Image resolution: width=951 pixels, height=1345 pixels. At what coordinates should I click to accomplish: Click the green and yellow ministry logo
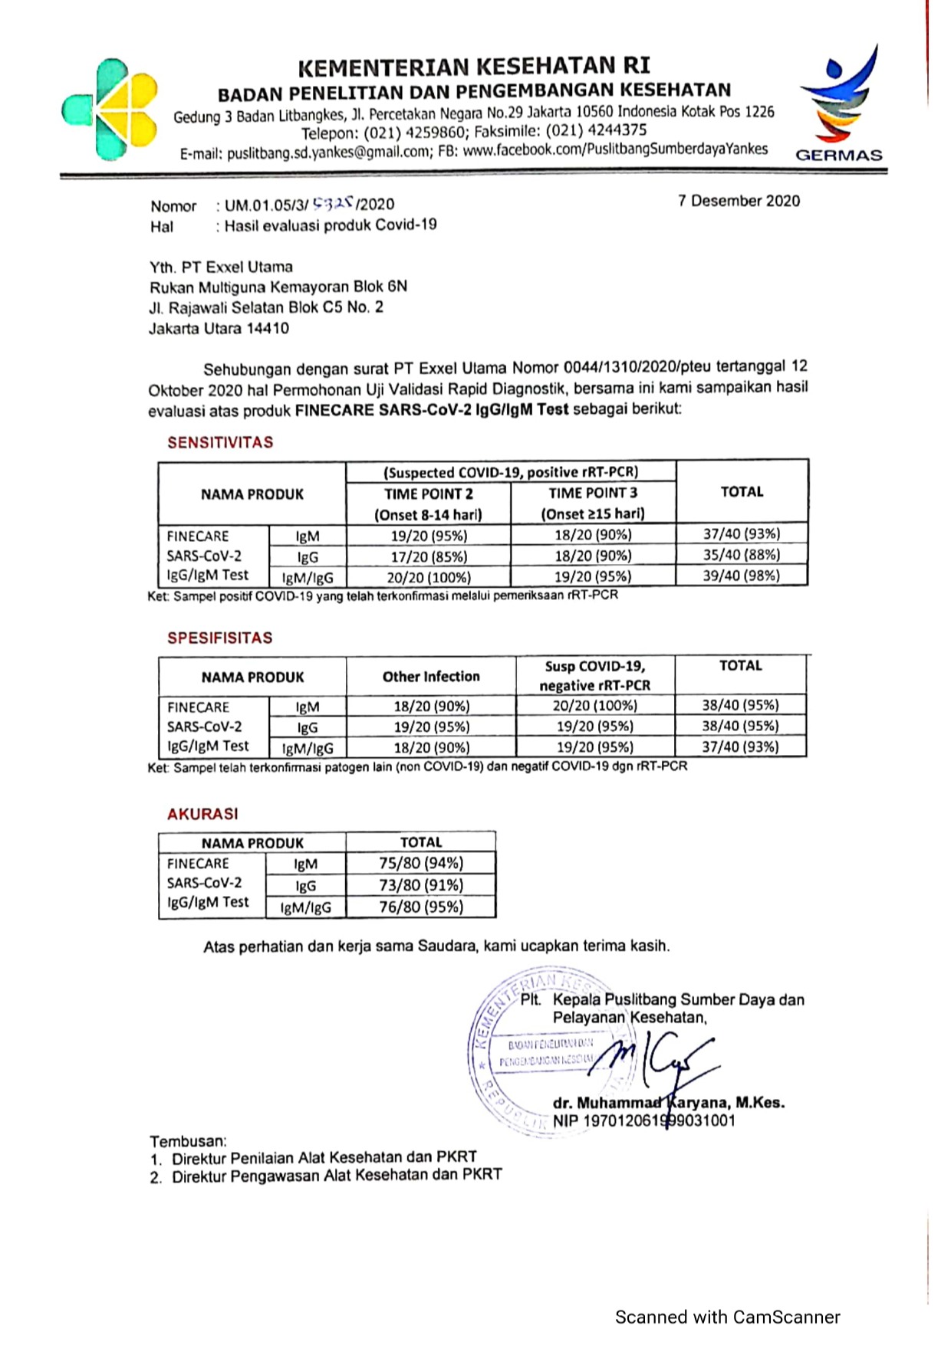[x=110, y=109]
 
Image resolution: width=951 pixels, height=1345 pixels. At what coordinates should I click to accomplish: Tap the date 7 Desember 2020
[x=739, y=201]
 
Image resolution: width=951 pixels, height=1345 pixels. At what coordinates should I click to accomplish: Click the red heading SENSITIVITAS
[x=220, y=442]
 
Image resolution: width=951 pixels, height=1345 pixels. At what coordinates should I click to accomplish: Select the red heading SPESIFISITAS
[x=219, y=638]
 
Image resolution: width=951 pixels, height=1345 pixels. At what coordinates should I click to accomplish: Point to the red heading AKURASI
[x=202, y=814]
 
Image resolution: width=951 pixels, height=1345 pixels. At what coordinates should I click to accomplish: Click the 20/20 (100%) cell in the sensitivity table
[x=429, y=577]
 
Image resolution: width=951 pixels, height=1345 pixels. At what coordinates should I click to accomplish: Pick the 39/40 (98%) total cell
[x=742, y=576]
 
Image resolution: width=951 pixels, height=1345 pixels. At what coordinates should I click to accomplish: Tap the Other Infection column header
[x=431, y=677]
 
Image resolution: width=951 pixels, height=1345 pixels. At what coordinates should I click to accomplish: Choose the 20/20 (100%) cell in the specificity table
[x=595, y=705]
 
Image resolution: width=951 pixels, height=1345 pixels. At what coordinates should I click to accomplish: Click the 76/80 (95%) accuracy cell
[x=421, y=907]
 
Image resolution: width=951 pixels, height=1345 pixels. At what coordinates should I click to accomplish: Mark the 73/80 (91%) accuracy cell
[x=421, y=885]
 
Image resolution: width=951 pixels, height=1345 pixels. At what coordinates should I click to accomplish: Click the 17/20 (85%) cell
[x=429, y=556]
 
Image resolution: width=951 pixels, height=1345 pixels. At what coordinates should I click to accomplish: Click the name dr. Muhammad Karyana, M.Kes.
[x=668, y=1103]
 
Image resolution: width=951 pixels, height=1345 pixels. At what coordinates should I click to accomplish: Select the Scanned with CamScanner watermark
[x=727, y=1317]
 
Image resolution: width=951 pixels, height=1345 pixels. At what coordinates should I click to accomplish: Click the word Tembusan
[x=188, y=1140]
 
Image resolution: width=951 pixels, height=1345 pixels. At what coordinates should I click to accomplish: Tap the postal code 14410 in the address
[x=268, y=329]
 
